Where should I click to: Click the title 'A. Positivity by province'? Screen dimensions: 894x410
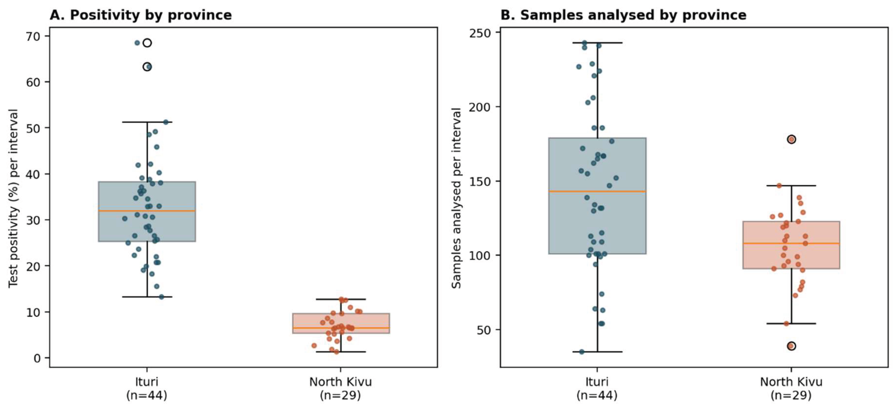(x=140, y=15)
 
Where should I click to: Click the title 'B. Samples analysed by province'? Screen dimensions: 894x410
(x=623, y=15)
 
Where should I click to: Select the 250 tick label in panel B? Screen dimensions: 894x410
(x=480, y=33)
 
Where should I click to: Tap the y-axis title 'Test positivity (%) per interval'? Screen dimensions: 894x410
(x=13, y=198)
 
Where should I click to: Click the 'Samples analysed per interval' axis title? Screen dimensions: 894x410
(x=456, y=198)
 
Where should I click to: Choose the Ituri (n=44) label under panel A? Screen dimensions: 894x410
(x=147, y=388)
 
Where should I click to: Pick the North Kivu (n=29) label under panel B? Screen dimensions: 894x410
(x=791, y=388)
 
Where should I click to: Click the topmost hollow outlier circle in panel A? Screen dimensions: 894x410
(x=147, y=43)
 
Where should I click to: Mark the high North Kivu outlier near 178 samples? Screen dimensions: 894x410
(x=791, y=139)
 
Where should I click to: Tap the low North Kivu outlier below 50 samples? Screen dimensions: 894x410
(x=791, y=346)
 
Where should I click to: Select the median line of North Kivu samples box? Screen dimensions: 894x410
(x=791, y=243)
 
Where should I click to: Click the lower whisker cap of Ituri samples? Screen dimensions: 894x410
(x=597, y=352)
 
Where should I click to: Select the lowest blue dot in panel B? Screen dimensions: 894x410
(x=582, y=352)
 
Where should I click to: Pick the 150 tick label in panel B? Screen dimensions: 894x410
(x=480, y=181)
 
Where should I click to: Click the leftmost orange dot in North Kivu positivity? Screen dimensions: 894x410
(x=314, y=345)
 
